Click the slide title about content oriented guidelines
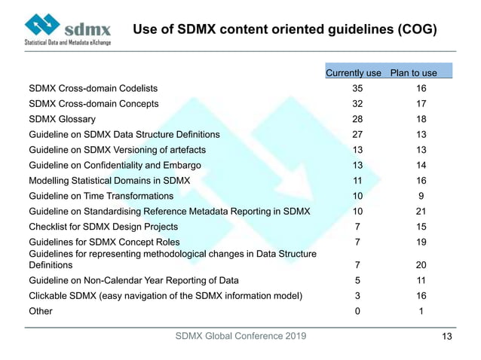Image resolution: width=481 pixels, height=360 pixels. [x=285, y=29]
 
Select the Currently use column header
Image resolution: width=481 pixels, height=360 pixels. [x=353, y=73]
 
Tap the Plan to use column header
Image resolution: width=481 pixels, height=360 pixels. [x=413, y=73]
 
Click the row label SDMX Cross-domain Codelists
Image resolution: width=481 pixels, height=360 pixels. [x=93, y=88]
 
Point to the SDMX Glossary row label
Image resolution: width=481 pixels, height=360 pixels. [x=62, y=119]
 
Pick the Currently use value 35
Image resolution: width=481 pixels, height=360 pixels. [x=357, y=88]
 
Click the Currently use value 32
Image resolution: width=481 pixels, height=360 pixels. [x=357, y=103]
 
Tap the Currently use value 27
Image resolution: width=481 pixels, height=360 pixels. [x=357, y=134]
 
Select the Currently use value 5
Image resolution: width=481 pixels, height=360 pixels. [x=357, y=281]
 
